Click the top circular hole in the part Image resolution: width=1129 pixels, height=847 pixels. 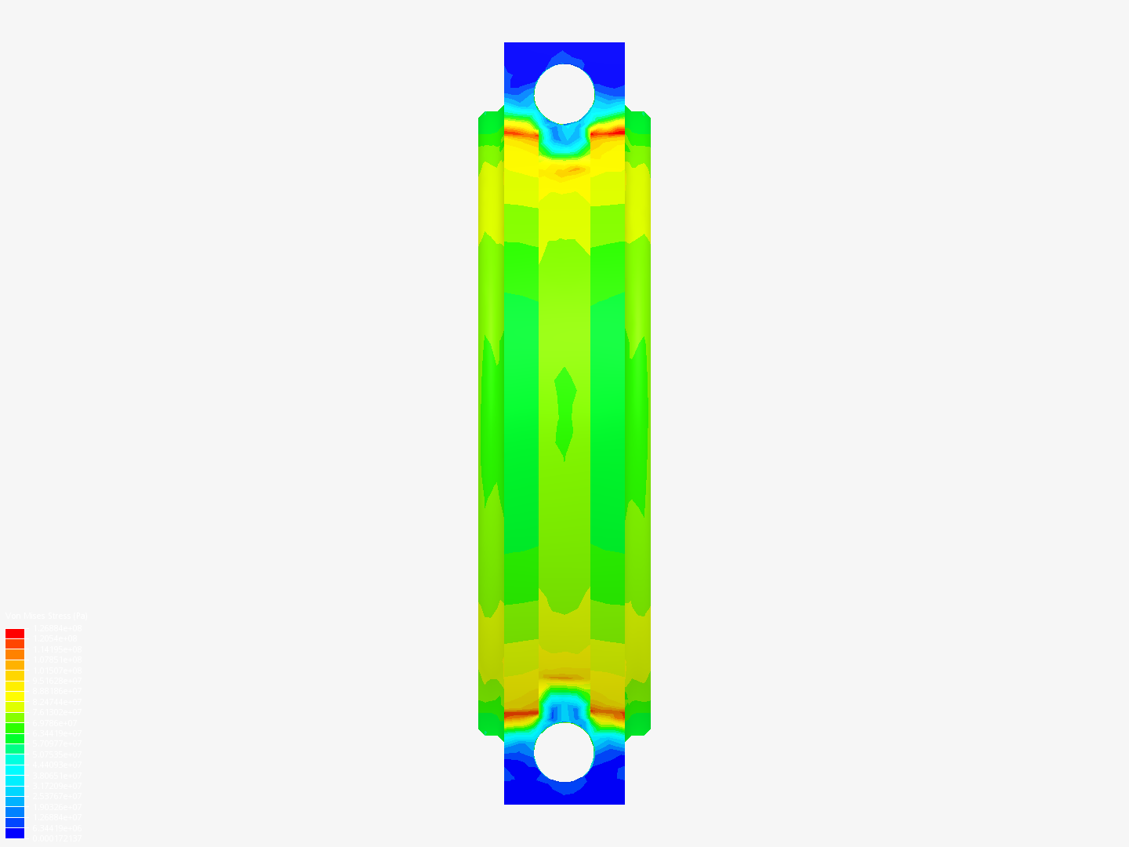pos(564,93)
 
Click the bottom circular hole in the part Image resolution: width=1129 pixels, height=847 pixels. pos(564,751)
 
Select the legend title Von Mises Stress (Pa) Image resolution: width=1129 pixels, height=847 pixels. pos(46,616)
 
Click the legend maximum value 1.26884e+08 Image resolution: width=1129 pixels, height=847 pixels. pos(57,628)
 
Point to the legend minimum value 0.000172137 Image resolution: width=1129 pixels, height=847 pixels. pos(57,838)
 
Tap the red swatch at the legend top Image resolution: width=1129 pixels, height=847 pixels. pos(15,633)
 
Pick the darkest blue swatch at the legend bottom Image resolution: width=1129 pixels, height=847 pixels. pos(15,833)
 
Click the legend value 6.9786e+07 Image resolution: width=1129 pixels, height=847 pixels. pos(57,723)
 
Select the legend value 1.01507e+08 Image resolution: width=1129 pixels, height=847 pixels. pos(57,671)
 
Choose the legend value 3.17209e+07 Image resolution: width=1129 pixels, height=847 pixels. pos(57,786)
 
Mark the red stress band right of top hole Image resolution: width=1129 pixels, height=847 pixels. pos(608,133)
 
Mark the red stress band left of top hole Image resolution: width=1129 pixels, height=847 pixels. pos(520,133)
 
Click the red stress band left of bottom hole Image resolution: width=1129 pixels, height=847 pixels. pos(520,714)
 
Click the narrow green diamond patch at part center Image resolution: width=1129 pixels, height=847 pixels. pos(564,412)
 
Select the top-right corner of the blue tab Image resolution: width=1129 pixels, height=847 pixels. pos(623,44)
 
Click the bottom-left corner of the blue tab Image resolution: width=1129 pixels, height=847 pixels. pos(506,802)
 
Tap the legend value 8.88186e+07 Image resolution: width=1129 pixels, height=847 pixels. pos(57,692)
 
